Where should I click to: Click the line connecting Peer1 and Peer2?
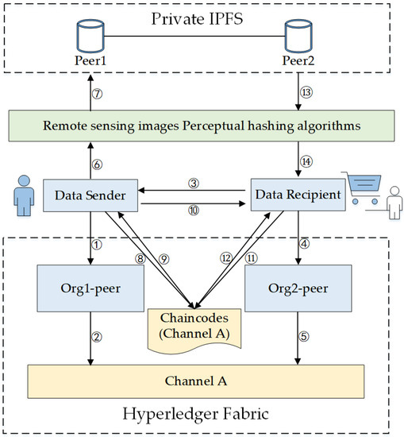[191, 35]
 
